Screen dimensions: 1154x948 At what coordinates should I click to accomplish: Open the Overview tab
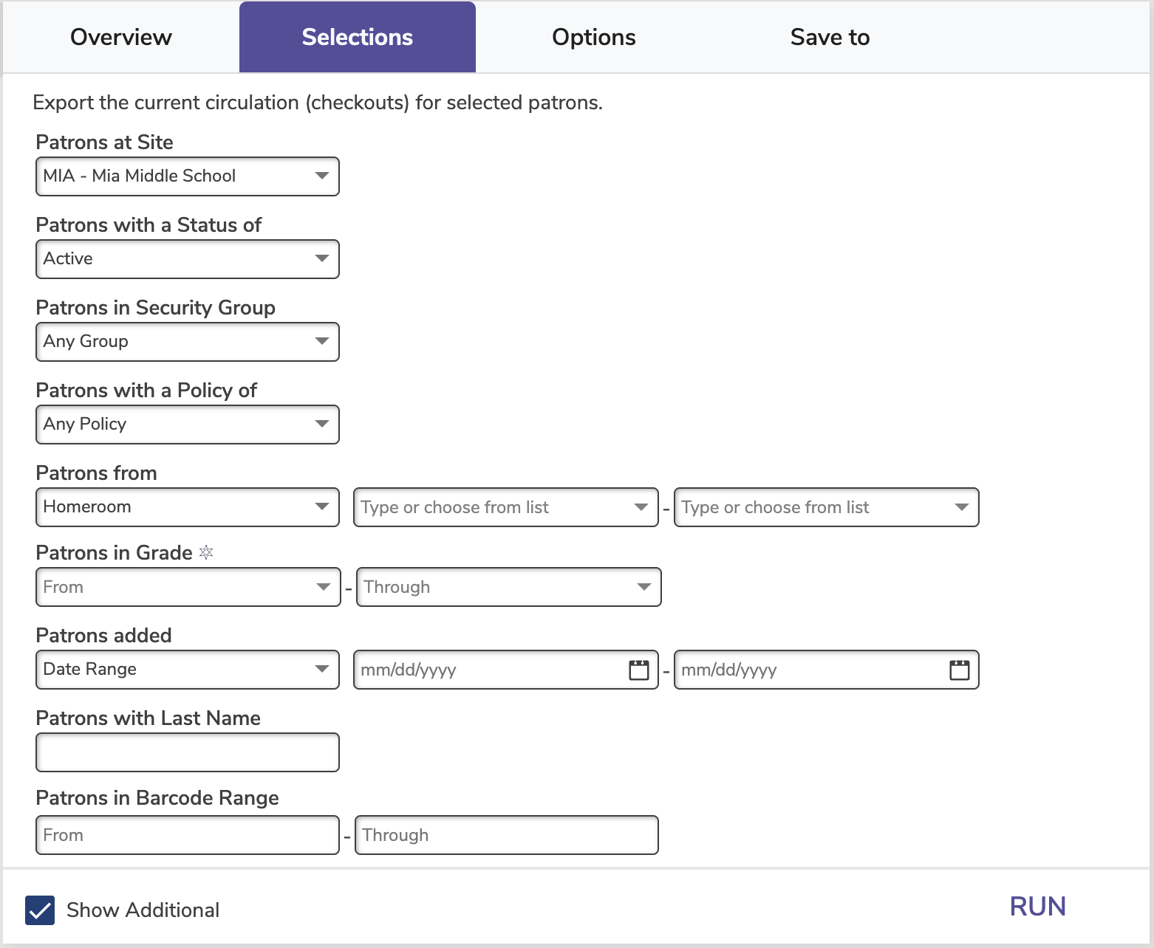[x=121, y=37]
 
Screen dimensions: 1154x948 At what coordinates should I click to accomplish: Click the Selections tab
[x=358, y=37]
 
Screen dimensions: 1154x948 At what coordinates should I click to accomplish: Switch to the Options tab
[x=594, y=37]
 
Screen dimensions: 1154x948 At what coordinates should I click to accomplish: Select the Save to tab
[x=830, y=37]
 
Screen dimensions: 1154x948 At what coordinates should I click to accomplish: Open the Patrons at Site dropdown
[x=187, y=176]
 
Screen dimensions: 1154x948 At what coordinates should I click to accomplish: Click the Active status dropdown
[x=187, y=258]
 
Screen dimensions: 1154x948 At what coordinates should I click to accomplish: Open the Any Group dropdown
[x=187, y=341]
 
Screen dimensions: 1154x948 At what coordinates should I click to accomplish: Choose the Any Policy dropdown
[x=187, y=424]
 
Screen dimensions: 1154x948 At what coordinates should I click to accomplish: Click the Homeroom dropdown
[x=187, y=506]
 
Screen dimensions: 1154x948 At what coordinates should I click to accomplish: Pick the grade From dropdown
[x=188, y=587]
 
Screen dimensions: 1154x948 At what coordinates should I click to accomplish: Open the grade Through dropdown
[x=508, y=587]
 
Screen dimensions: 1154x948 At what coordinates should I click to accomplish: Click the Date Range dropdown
[x=187, y=669]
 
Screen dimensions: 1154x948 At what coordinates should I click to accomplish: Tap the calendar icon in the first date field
[x=638, y=670]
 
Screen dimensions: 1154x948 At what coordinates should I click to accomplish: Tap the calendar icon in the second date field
[x=959, y=670]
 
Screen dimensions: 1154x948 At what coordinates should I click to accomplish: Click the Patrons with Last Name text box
[x=187, y=752]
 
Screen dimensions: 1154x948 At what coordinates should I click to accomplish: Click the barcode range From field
[x=187, y=835]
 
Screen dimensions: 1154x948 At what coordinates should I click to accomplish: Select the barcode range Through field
[x=506, y=835]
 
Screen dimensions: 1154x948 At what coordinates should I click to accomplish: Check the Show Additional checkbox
[x=40, y=910]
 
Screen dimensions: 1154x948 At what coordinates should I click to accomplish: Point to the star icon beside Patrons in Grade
[x=205, y=552]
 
